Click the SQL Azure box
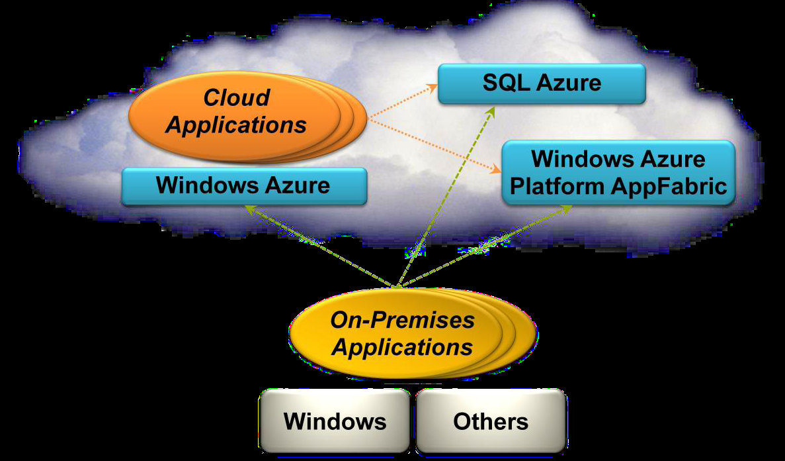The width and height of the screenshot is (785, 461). coord(541,83)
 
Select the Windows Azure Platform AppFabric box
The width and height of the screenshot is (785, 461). coord(618,173)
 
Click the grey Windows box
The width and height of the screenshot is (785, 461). coord(335,421)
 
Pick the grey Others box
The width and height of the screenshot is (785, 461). coord(491,421)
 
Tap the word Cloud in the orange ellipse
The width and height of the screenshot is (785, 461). coord(236,98)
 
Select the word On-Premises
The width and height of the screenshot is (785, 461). coord(402,321)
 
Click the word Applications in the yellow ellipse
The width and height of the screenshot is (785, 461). coord(402,348)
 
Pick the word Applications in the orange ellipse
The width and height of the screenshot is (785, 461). coord(236,125)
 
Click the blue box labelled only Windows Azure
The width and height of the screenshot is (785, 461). coord(243,185)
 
